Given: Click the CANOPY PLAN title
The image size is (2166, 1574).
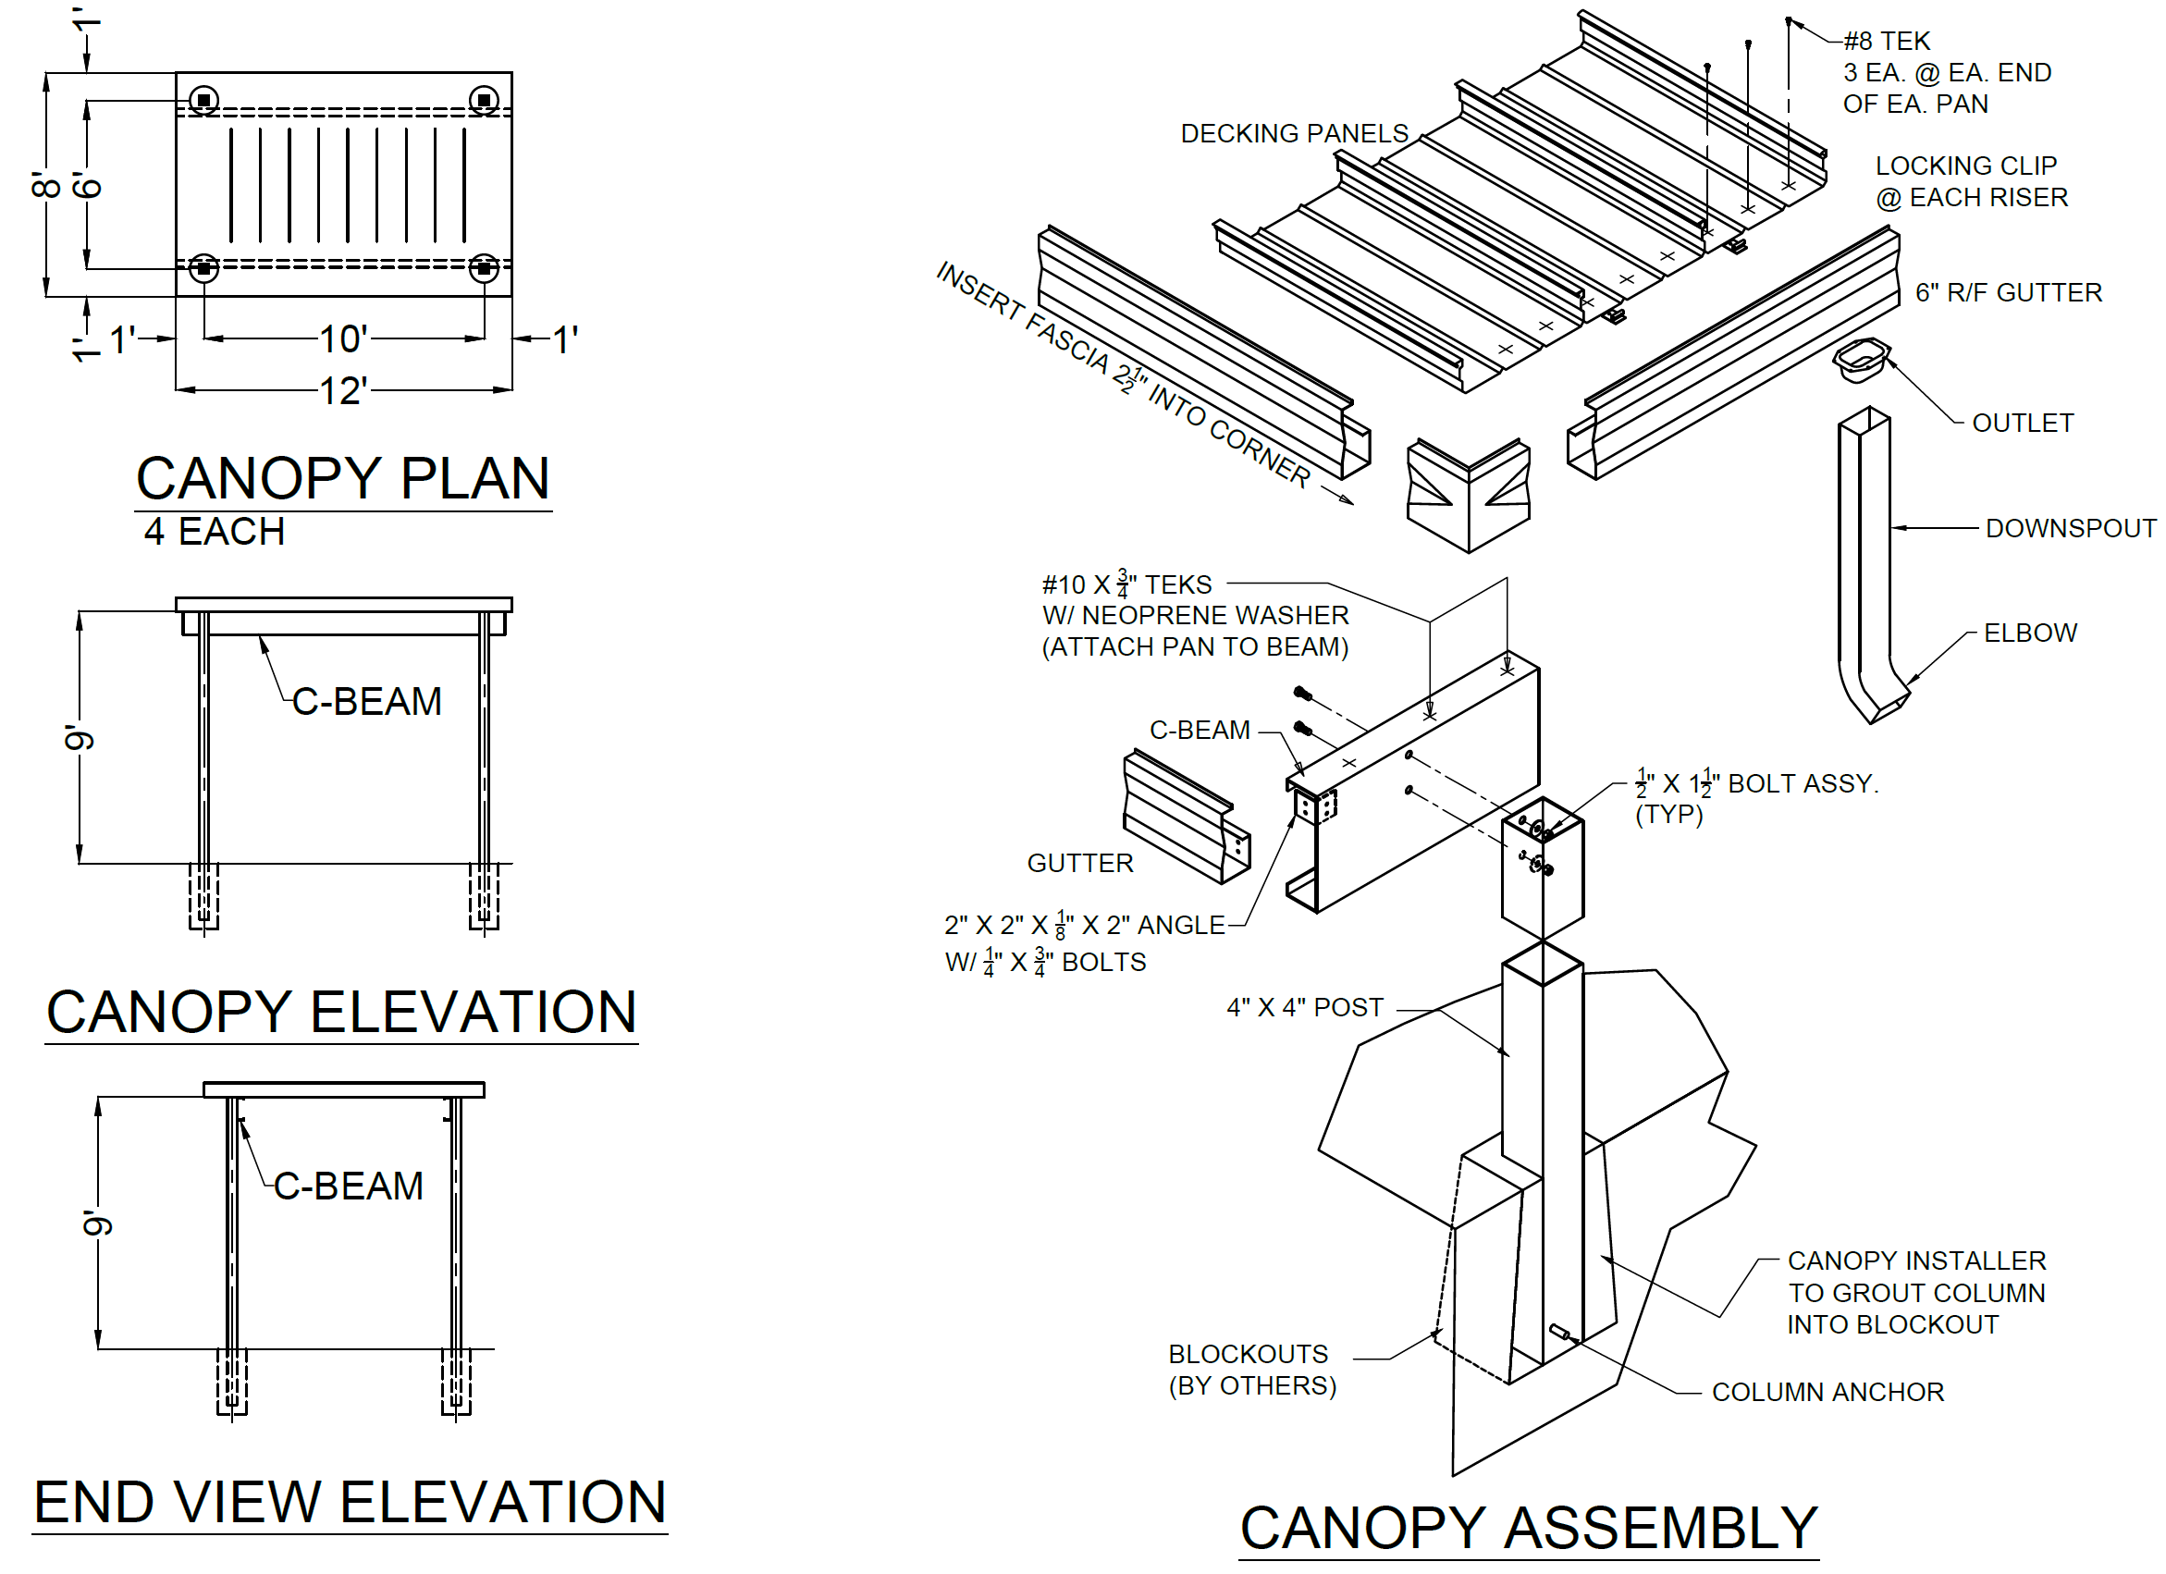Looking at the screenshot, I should [x=343, y=479].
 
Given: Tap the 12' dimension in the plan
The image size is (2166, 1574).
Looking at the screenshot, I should [x=343, y=390].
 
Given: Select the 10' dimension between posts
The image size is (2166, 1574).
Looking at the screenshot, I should [x=343, y=339].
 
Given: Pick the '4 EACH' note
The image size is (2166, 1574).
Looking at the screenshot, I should [x=215, y=532].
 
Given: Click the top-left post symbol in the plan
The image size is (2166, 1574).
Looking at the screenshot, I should [x=203, y=100].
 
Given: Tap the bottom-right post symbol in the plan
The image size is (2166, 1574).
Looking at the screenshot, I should [x=485, y=268].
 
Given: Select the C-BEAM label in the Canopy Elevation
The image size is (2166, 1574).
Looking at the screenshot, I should [x=367, y=702].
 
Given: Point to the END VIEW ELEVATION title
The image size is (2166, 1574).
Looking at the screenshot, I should [x=350, y=1503].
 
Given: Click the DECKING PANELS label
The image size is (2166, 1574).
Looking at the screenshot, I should [x=1294, y=134].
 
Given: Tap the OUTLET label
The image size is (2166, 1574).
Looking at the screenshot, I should [x=2023, y=424].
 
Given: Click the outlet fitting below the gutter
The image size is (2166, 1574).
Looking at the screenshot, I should [x=1861, y=359].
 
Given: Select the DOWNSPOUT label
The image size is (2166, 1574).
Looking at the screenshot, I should [x=2071, y=528].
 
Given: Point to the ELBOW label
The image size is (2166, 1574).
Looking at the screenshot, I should [x=2030, y=633].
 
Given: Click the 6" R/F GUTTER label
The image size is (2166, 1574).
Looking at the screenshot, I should [x=2009, y=292].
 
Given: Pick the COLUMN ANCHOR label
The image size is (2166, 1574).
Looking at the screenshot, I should [x=1828, y=1393].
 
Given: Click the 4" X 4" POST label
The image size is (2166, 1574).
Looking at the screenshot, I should [x=1305, y=1008].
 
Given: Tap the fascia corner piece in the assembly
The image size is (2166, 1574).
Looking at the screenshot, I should [x=1468, y=494].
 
